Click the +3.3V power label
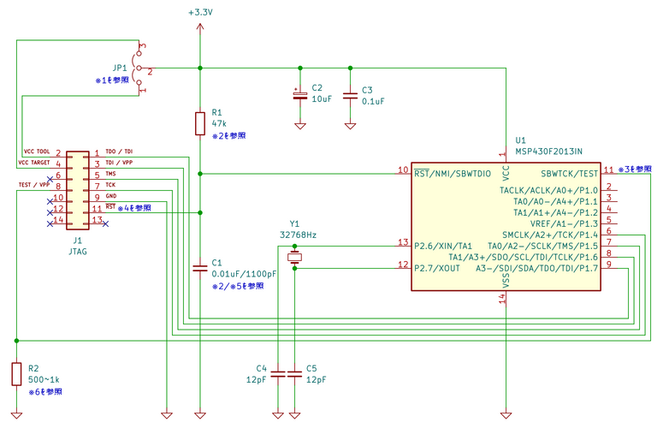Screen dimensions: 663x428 (x=200, y=12)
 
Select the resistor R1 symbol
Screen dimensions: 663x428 (x=200, y=123)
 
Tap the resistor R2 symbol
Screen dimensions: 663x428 (x=16, y=374)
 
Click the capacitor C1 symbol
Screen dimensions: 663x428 (x=200, y=268)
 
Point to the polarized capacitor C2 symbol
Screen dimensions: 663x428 (x=300, y=95)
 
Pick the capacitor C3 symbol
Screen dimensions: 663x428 (x=350, y=96)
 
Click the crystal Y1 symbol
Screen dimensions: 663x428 (x=294, y=257)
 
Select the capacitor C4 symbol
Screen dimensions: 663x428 (x=278, y=374)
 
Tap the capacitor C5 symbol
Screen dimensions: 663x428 (x=294, y=374)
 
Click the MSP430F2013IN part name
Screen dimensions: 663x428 (x=548, y=152)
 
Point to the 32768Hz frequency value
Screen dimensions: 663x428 (x=298, y=235)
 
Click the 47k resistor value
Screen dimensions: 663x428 (x=219, y=123)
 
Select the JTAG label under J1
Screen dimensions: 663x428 (x=78, y=251)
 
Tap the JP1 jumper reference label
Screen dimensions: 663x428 (x=120, y=68)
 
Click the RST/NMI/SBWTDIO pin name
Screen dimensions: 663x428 (x=453, y=174)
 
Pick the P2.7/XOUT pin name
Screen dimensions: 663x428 (x=437, y=268)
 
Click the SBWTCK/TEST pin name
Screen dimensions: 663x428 (x=569, y=174)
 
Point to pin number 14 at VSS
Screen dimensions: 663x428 (x=502, y=299)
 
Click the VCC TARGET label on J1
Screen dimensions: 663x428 (x=34, y=163)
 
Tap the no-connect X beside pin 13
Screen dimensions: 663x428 (x=106, y=223)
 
